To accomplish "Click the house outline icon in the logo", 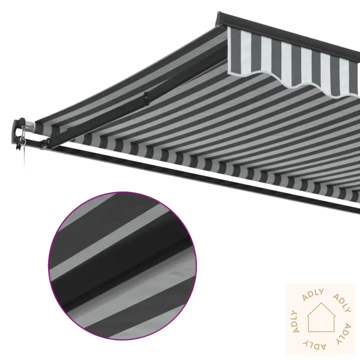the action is pyautogui.click(x=321, y=318).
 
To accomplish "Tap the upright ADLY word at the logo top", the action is pyautogui.click(x=314, y=295).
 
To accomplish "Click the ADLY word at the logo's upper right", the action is pyautogui.click(x=342, y=303).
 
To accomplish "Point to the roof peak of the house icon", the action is pyautogui.click(x=321, y=302).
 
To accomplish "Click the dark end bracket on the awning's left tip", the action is pyautogui.click(x=19, y=132).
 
